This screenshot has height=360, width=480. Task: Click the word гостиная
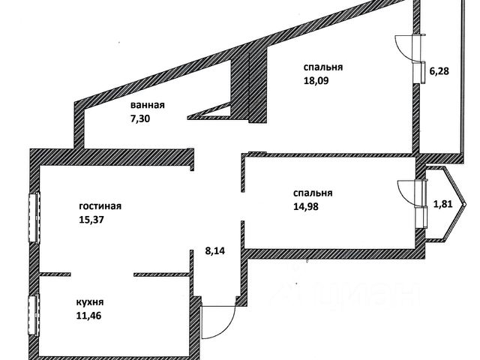click(100, 205)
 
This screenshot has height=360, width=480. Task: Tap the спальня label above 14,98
click(314, 193)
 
